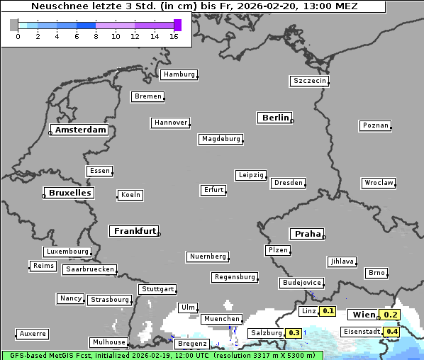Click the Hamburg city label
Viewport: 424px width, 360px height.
[x=178, y=74]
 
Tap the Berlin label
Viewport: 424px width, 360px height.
[x=275, y=118]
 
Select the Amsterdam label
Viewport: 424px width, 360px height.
[x=80, y=130]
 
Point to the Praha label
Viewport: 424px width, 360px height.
[x=307, y=234]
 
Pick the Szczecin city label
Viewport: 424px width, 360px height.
[x=310, y=81]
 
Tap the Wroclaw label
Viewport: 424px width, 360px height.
[x=379, y=183]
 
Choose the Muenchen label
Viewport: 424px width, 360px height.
[x=222, y=319]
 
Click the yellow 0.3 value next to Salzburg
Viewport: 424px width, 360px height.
[x=294, y=333]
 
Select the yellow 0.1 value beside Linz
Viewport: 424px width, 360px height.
[x=328, y=311]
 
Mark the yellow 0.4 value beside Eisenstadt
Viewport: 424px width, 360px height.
[x=391, y=332]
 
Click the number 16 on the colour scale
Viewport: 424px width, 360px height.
[x=174, y=36]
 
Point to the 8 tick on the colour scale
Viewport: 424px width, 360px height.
[x=96, y=36]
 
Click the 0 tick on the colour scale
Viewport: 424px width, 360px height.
[x=18, y=36]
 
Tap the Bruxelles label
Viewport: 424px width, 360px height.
[x=69, y=193]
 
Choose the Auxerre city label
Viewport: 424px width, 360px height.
[x=33, y=333]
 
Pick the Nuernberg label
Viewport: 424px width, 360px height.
[x=208, y=256]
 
